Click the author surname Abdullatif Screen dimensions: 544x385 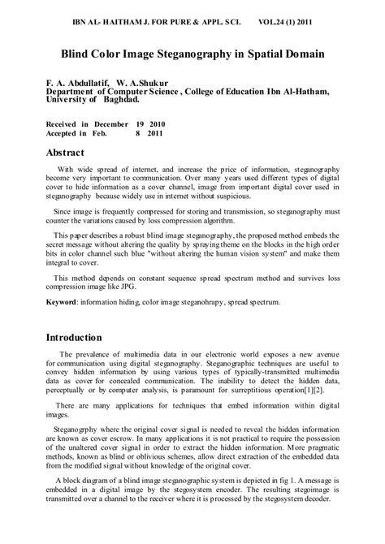pos(86,82)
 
